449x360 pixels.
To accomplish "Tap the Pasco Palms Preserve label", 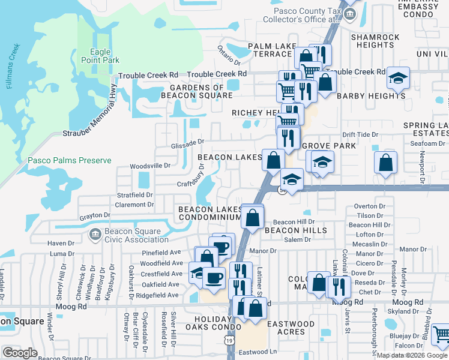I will (70, 160).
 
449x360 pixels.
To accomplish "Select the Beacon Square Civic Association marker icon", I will (94, 234).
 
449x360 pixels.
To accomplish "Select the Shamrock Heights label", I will (375, 41).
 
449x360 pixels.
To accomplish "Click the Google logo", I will (20, 353).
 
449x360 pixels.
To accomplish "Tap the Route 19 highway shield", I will (230, 341).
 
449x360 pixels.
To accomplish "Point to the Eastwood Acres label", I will (291, 328).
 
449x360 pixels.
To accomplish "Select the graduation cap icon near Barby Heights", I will (397, 77).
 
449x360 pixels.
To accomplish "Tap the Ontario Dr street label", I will (229, 55).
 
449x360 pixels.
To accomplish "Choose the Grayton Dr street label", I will (94, 214).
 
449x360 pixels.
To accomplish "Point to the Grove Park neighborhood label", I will (329, 146).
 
